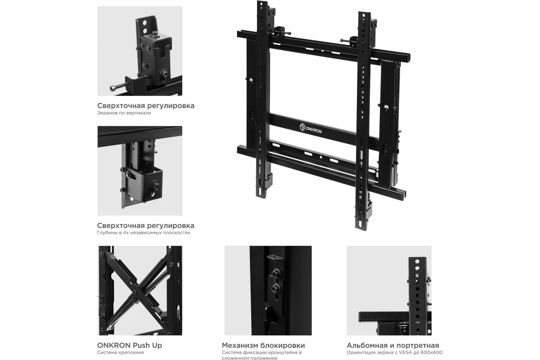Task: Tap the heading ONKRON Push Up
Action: pyautogui.click(x=130, y=345)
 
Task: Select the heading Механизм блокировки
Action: pyautogui.click(x=263, y=345)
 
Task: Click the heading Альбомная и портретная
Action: pyautogui.click(x=393, y=345)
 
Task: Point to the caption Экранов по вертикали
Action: pyautogui.click(x=124, y=113)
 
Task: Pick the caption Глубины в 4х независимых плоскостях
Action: pyautogui.click(x=144, y=233)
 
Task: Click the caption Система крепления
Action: pyautogui.click(x=121, y=352)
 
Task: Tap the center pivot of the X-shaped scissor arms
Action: pyautogui.click(x=134, y=292)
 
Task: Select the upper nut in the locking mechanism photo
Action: pyautogui.click(x=275, y=273)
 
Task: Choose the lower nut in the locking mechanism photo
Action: pyautogui.click(x=275, y=288)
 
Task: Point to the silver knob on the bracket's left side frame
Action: pyautogui.click(x=251, y=80)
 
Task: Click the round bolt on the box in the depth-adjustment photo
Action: pyautogui.click(x=154, y=186)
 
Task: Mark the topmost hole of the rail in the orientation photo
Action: pyautogui.click(x=417, y=261)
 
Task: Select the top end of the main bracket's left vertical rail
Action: pyautogui.click(x=262, y=2)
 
